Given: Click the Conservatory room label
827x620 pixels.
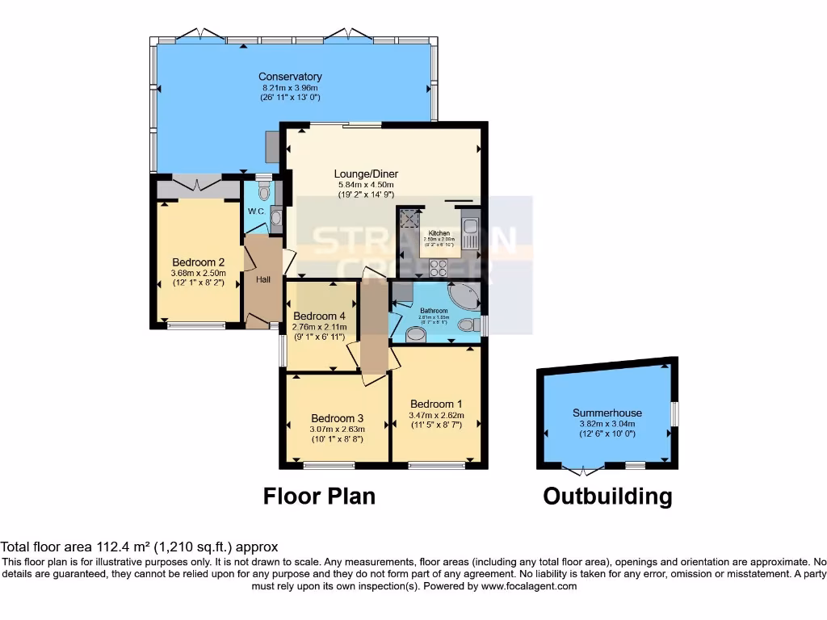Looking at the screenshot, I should tap(290, 77).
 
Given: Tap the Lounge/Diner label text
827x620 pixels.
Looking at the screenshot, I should tap(367, 174).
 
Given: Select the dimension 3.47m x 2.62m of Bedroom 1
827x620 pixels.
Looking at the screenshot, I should tap(436, 415).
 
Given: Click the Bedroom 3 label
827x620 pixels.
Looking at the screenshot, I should tap(337, 418).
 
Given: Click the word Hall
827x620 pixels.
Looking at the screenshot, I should tap(263, 280).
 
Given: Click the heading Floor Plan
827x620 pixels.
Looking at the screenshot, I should tap(319, 496).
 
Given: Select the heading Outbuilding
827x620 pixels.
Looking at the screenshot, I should tap(607, 496).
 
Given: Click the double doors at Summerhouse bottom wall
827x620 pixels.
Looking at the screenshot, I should tap(583, 468).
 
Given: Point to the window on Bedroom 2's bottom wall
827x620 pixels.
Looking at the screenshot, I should tap(197, 326).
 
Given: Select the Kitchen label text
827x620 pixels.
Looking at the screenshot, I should tap(439, 233).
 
